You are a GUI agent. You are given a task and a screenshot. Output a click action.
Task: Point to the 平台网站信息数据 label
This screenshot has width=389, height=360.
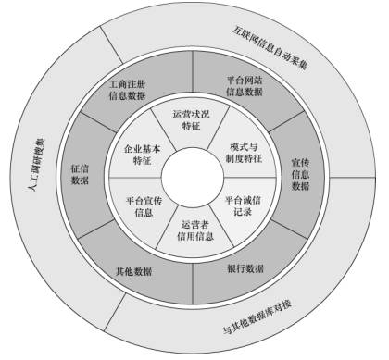pos(244,86)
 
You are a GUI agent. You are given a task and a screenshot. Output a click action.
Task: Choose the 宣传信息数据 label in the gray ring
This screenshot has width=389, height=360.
pos(300,167)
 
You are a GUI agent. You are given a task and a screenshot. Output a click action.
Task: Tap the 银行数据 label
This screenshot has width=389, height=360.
pos(245,269)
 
